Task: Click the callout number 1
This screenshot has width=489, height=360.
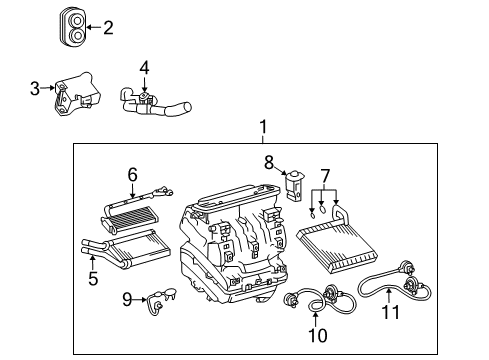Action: pos(263,127)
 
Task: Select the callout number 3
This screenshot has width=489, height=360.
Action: pos(35,89)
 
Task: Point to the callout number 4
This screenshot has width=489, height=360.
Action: pos(144,68)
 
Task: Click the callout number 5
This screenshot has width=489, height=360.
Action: pos(92,279)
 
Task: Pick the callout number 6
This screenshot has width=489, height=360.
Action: pos(131,174)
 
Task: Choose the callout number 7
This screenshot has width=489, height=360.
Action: pos(323,176)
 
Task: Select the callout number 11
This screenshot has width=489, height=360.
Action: pos(391,311)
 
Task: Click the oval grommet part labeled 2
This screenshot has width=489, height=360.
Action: pos(73,27)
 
